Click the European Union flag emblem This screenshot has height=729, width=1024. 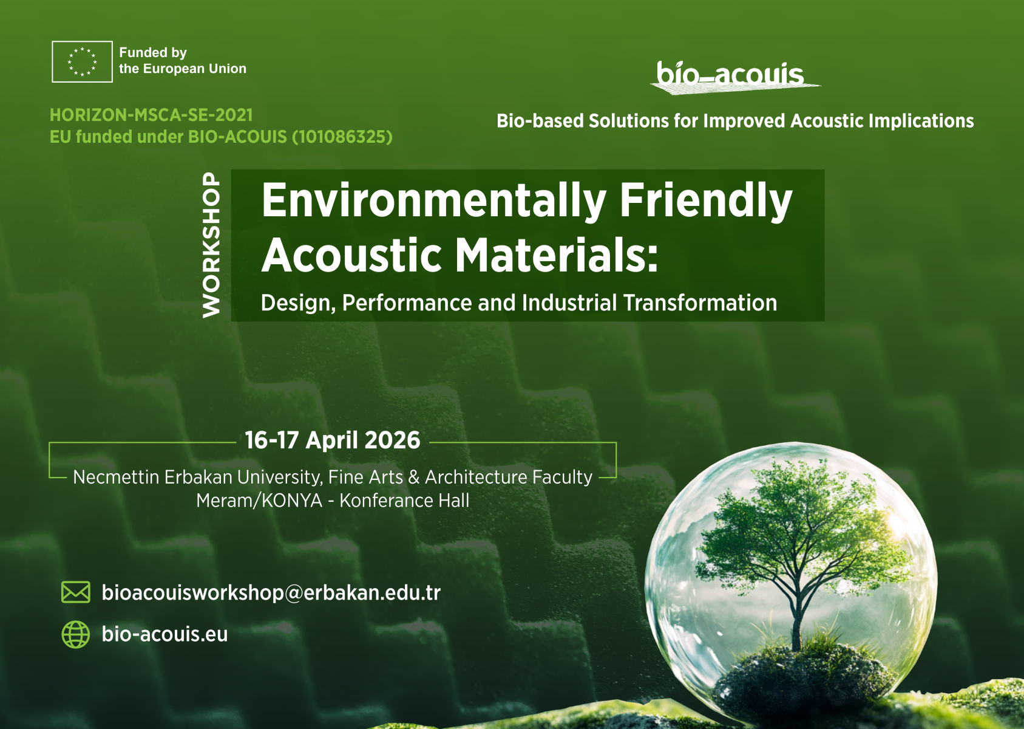[82, 61]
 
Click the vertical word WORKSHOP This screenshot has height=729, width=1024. [211, 245]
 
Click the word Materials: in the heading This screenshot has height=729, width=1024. [556, 255]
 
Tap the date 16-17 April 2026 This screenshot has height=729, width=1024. [332, 440]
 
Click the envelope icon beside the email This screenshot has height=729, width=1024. [76, 592]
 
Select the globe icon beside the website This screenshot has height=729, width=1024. [76, 634]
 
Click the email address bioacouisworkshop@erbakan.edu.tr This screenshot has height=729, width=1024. [271, 592]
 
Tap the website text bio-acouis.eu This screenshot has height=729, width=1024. [164, 634]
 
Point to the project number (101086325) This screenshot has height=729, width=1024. [342, 137]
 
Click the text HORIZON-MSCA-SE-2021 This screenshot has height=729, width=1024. [151, 115]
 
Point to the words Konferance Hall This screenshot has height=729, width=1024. [404, 501]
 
